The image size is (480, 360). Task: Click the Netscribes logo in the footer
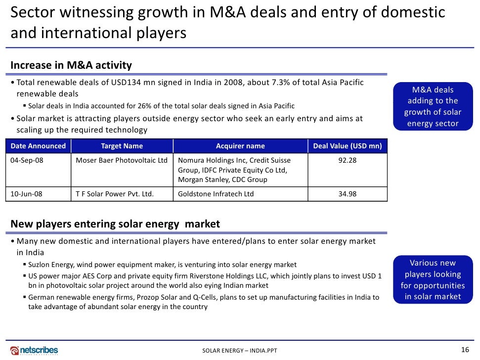(x=34, y=350)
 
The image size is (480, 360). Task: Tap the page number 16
(x=465, y=350)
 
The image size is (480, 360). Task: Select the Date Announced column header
(x=38, y=146)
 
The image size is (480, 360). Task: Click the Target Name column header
(x=122, y=146)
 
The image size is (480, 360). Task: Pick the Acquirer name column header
(x=240, y=146)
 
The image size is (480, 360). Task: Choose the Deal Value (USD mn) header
(x=348, y=146)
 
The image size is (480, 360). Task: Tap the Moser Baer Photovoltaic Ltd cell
(x=122, y=160)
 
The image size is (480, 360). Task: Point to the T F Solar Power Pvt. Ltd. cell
(x=115, y=194)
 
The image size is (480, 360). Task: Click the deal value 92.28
(x=347, y=160)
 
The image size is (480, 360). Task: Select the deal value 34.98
(x=347, y=194)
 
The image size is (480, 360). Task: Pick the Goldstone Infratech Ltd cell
(x=216, y=194)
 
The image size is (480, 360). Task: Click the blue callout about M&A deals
(x=433, y=107)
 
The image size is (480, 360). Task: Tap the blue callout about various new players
(x=433, y=280)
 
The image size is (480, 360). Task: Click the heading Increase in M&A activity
(x=71, y=65)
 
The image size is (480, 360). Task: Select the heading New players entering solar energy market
(x=115, y=224)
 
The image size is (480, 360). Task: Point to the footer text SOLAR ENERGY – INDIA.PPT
(x=240, y=351)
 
